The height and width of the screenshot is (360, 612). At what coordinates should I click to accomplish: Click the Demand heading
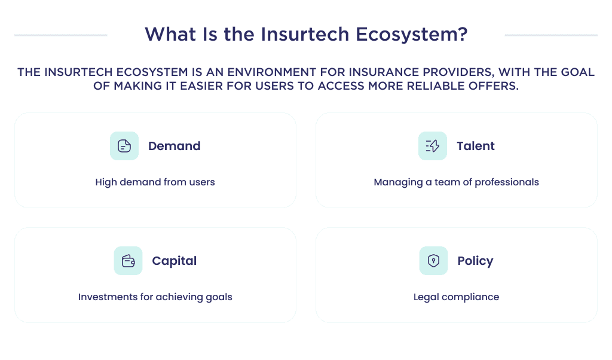point(174,146)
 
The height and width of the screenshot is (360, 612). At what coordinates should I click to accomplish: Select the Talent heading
point(475,146)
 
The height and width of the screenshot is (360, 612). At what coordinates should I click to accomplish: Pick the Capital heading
point(174,261)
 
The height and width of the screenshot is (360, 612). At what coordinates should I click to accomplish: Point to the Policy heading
point(475,261)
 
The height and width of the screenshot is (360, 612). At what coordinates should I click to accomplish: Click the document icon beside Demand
point(124,146)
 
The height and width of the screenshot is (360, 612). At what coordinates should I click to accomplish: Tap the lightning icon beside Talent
point(433,146)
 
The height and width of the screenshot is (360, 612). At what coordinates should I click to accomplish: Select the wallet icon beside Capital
point(128,261)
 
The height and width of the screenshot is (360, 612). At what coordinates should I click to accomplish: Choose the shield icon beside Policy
point(433,261)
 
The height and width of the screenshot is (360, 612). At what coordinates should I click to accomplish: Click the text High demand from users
point(155,182)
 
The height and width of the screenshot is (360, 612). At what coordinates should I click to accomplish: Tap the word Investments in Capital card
point(103,297)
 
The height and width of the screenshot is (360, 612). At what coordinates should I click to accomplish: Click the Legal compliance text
point(456,297)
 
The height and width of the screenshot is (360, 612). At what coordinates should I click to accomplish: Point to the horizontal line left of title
point(60,35)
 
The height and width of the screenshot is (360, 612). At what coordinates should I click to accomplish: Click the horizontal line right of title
point(550,35)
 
